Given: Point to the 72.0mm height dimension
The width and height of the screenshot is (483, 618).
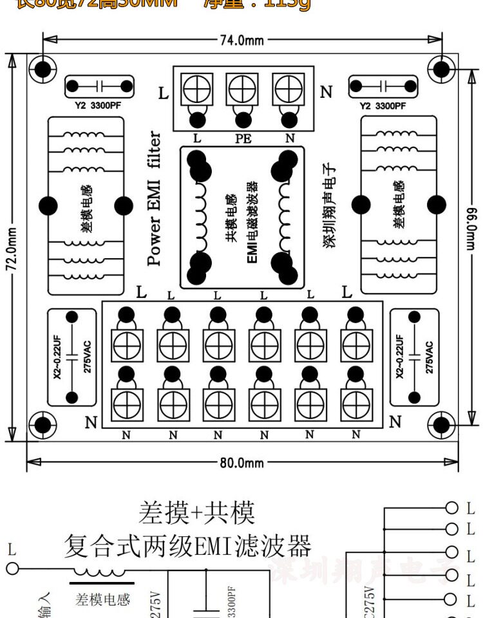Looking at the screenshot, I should coord(12,248).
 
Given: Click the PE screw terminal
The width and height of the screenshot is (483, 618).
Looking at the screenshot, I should coord(242,88).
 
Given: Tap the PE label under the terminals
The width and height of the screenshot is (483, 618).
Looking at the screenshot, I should coord(243,138).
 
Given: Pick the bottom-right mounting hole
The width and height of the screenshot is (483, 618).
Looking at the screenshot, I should coord(442,424).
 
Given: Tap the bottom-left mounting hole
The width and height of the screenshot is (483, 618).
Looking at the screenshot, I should coord(43,424).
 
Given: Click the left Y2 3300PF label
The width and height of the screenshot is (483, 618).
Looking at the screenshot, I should coord(98,106).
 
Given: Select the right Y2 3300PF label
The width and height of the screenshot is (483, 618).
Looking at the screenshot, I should coord(383,106).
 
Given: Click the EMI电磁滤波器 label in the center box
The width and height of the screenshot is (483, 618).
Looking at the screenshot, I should coord(252,220).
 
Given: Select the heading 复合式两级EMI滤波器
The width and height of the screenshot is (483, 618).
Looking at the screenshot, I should coord(187,547).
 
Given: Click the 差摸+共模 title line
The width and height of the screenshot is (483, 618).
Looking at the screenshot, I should coord(196,513).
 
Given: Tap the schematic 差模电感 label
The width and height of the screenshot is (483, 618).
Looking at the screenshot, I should coord(103,600).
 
